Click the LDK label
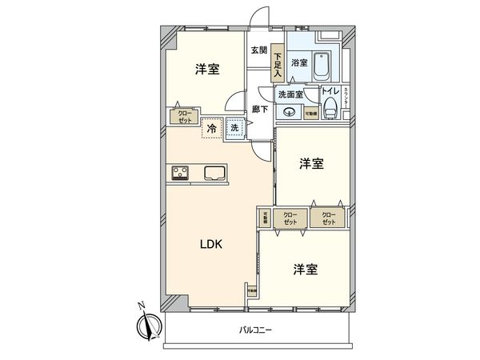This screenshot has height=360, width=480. (212, 244)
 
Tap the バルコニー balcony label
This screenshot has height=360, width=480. (257, 330)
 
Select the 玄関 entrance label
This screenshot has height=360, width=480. (258, 51)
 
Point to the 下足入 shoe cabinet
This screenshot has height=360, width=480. (277, 62)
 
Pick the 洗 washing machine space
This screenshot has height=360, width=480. (234, 128)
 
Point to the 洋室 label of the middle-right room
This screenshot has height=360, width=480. (312, 164)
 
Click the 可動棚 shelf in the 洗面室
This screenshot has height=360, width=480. (310, 114)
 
